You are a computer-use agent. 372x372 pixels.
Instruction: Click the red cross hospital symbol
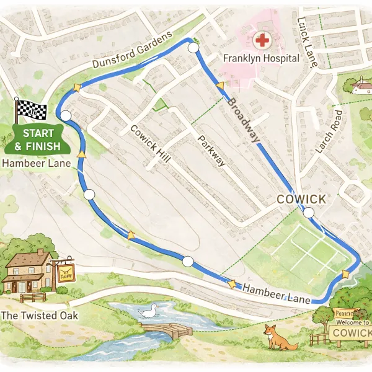[x=263, y=41]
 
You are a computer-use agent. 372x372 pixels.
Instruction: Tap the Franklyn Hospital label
[x=261, y=58]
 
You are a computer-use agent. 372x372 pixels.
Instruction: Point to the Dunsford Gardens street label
[x=131, y=51]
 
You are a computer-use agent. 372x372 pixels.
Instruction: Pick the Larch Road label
[x=329, y=132]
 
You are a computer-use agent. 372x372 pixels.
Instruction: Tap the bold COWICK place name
[x=301, y=199]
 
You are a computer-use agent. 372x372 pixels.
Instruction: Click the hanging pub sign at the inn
[x=64, y=272]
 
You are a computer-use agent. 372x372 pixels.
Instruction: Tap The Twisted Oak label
[x=40, y=316]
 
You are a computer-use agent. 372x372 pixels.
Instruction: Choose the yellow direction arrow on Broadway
[x=219, y=86]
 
